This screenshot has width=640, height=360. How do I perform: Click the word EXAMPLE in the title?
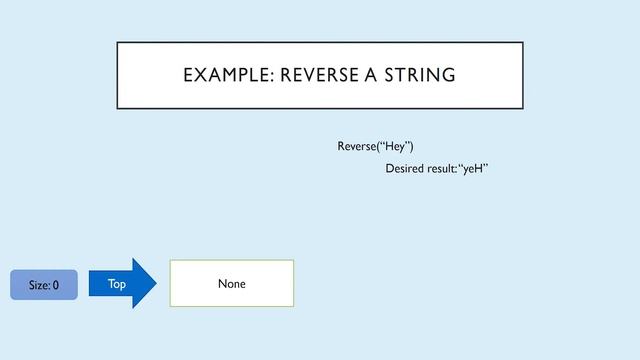point(221,75)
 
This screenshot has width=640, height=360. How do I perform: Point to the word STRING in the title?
point(416,75)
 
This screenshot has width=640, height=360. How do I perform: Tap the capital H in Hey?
point(385,147)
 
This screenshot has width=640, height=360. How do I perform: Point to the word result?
point(446,169)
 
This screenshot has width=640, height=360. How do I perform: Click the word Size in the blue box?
point(39,285)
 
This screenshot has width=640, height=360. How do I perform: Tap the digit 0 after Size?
point(55,285)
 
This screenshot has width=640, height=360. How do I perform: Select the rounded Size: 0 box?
point(43,285)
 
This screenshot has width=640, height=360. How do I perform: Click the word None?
point(231,284)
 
